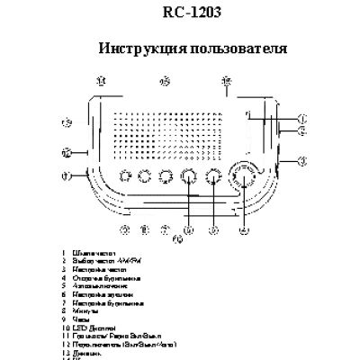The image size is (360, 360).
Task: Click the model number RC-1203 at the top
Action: click(x=179, y=13)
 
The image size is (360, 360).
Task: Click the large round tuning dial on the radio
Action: click(x=242, y=176)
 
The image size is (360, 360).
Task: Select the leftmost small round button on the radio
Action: click(x=121, y=176)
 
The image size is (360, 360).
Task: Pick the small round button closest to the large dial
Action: click(x=213, y=176)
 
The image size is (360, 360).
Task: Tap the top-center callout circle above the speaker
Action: click(x=165, y=82)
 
